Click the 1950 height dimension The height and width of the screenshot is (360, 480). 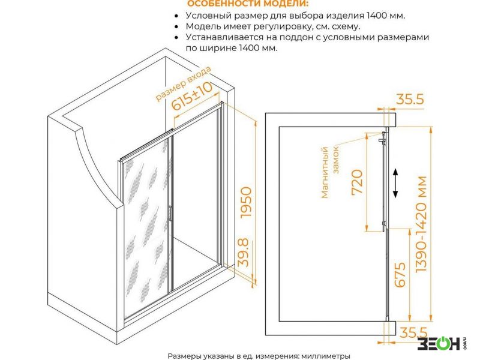pyautogui.click(x=247, y=202)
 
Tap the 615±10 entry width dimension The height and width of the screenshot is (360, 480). pyautogui.click(x=191, y=96)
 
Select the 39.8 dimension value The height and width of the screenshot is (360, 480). pyautogui.click(x=243, y=253)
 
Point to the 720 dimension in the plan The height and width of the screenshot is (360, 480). pyautogui.click(x=357, y=182)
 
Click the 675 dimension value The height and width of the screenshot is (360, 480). pyautogui.click(x=400, y=275)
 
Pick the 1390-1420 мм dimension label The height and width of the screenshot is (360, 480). pyautogui.click(x=421, y=224)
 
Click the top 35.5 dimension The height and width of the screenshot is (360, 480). pyautogui.click(x=410, y=99)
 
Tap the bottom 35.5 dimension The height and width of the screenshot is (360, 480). pyautogui.click(x=413, y=332)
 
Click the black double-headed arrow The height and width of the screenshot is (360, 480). pyautogui.click(x=395, y=183)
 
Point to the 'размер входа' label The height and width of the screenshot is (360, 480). pyautogui.click(x=184, y=83)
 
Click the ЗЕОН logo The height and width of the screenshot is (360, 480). pyautogui.click(x=441, y=343)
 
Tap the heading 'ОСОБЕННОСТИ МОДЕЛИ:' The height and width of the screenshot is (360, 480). pyautogui.click(x=248, y=4)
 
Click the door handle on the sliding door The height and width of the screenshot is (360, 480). pyautogui.click(x=170, y=213)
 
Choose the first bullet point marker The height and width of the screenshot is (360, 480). pyautogui.click(x=176, y=16)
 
